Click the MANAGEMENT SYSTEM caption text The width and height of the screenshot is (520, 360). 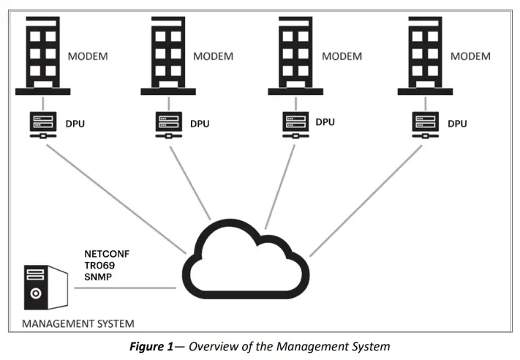[78, 323]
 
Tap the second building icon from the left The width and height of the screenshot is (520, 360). [168, 55]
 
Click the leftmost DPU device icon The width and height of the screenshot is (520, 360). [42, 124]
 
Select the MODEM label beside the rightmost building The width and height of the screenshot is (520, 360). [470, 56]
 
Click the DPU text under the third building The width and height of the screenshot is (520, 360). [325, 121]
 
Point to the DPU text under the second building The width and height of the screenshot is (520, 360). [200, 124]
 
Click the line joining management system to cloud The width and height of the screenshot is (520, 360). [124, 288]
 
